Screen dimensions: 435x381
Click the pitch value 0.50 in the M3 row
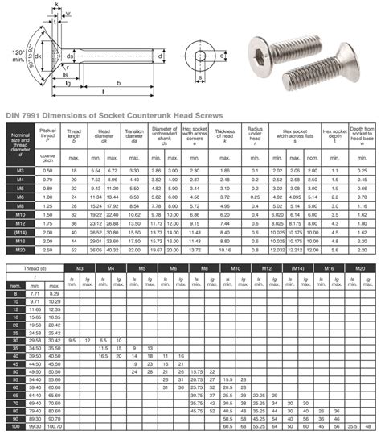tap(47, 171)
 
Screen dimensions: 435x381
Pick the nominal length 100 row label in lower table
tap(15, 426)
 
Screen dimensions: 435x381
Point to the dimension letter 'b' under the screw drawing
tap(118, 84)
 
